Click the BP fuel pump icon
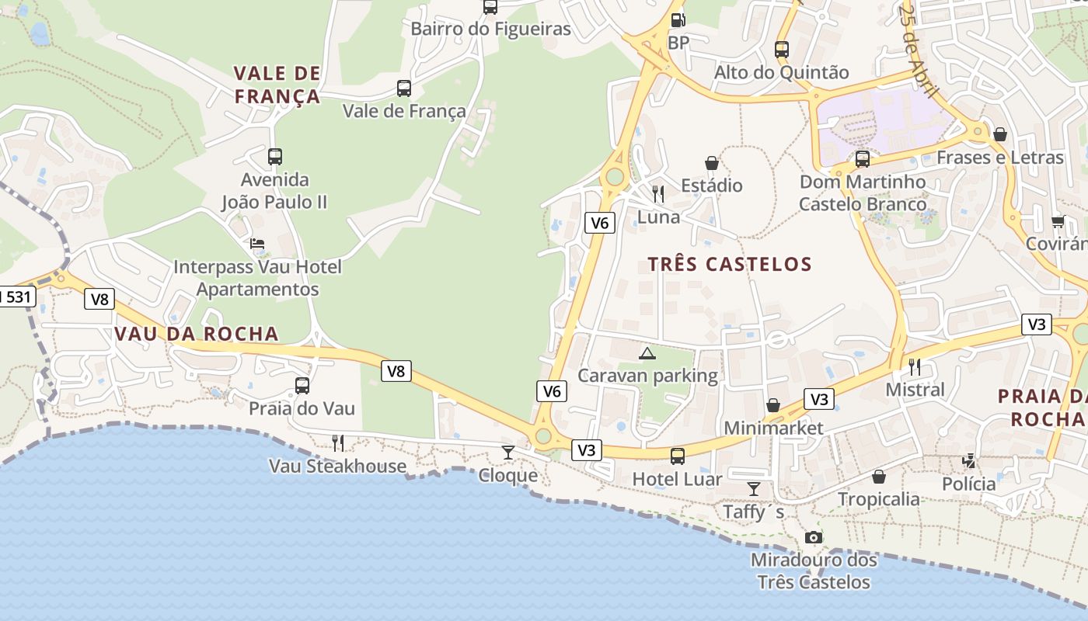tap(678, 21)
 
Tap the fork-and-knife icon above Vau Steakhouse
tap(338, 443)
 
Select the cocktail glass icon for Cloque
tap(508, 452)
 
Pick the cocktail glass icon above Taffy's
tap(753, 488)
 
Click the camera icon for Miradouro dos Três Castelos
tap(813, 537)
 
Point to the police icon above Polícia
tap(968, 461)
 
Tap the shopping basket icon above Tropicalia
tap(879, 477)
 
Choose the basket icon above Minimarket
tap(773, 405)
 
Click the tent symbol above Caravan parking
tap(647, 353)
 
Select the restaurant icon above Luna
tap(658, 193)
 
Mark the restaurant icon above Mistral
tap(915, 366)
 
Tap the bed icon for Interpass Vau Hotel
tap(257, 244)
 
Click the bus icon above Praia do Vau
tap(302, 385)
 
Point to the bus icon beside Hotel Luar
tap(678, 456)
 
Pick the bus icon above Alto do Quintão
tap(782, 50)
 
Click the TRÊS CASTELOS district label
tap(730, 264)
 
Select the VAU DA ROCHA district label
tap(197, 334)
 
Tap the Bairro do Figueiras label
tap(490, 29)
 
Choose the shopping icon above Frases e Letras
tap(1000, 134)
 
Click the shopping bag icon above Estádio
tap(712, 163)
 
